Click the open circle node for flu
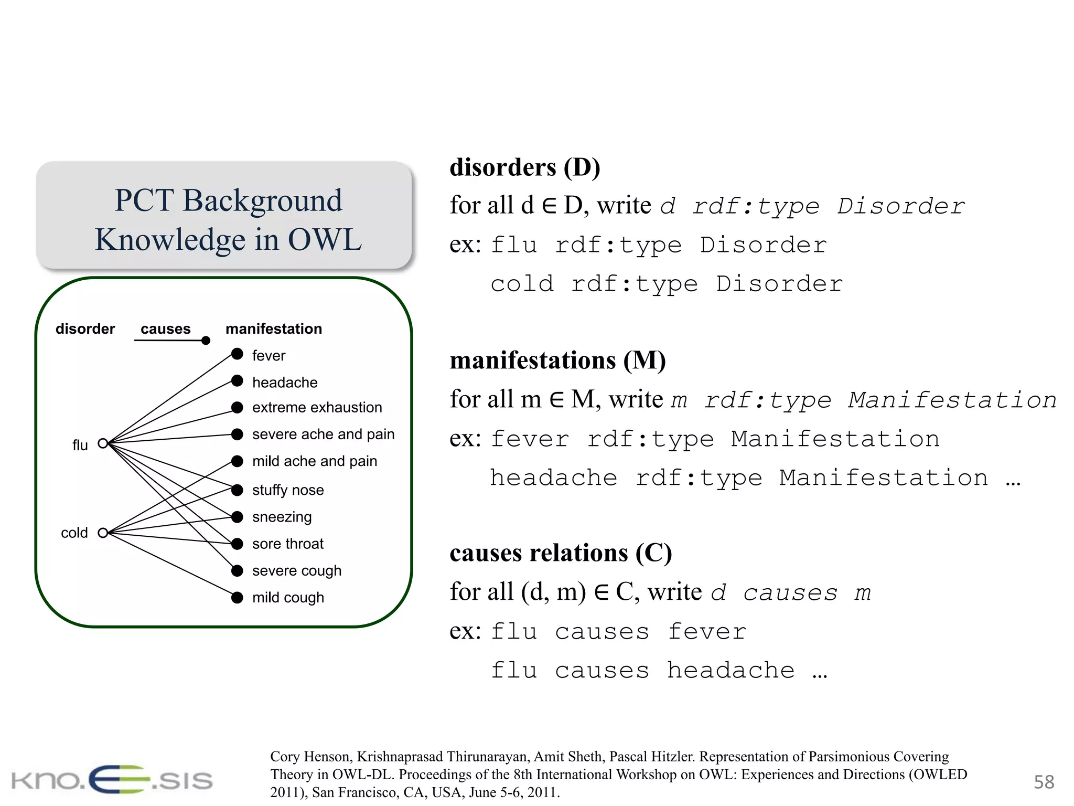[103, 443]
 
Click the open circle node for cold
[103, 533]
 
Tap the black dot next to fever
[237, 354]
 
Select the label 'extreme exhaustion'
[317, 408]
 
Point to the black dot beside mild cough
[237, 597]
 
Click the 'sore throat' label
[287, 544]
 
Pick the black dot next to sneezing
[237, 517]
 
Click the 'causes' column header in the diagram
[165, 329]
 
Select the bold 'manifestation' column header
[273, 329]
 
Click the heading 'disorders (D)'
[524, 168]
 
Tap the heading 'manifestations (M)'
[557, 361]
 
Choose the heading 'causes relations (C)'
[560, 554]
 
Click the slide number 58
[1043, 782]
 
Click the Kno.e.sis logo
[112, 780]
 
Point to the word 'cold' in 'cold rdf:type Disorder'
[522, 284]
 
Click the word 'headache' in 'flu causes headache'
[731, 671]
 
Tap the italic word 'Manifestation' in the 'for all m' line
[952, 400]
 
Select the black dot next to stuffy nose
[237, 490]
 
